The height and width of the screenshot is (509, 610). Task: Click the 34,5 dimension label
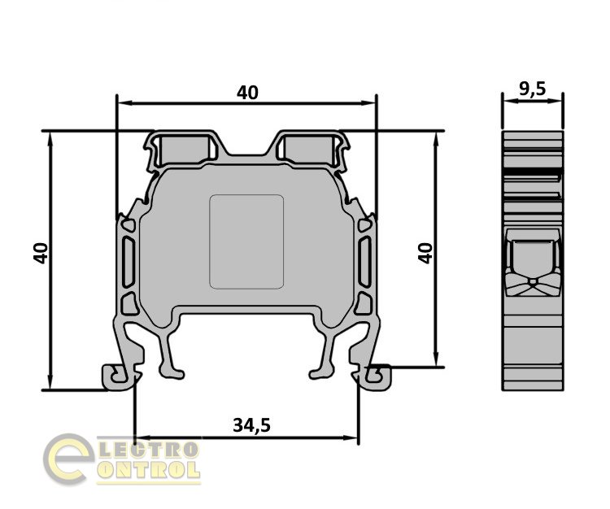point(251,425)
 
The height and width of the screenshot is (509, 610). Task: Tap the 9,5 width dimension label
point(533,89)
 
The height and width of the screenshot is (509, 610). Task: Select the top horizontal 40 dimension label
point(247,93)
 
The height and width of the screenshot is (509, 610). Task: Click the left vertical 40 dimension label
point(41,253)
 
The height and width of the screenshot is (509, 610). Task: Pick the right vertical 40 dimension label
point(425,253)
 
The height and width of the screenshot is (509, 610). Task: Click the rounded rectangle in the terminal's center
point(246,241)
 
